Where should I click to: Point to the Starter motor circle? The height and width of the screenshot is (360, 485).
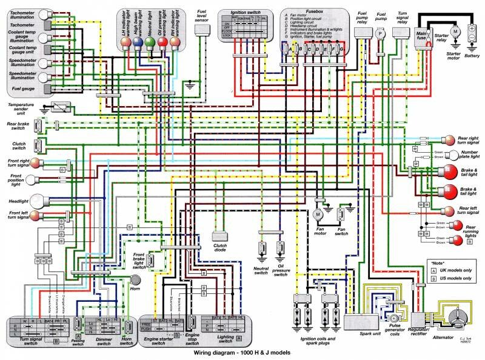[x=453, y=30]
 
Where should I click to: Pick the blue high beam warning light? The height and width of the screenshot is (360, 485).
[x=138, y=42]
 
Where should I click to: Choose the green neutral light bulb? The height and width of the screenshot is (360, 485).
[x=150, y=42]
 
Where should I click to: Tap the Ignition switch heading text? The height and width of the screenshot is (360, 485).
[x=243, y=12]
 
